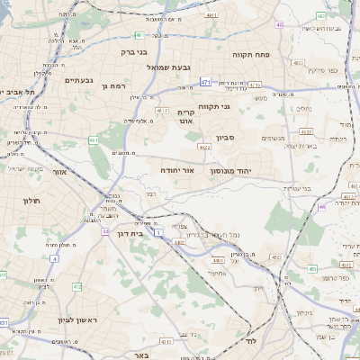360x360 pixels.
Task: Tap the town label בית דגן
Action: pyautogui.click(x=131, y=230)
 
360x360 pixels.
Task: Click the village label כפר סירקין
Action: pyautogui.click(x=321, y=69)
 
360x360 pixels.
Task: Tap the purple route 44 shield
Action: pyautogui.click(x=105, y=231)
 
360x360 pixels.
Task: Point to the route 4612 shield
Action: pyautogui.click(x=162, y=111)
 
